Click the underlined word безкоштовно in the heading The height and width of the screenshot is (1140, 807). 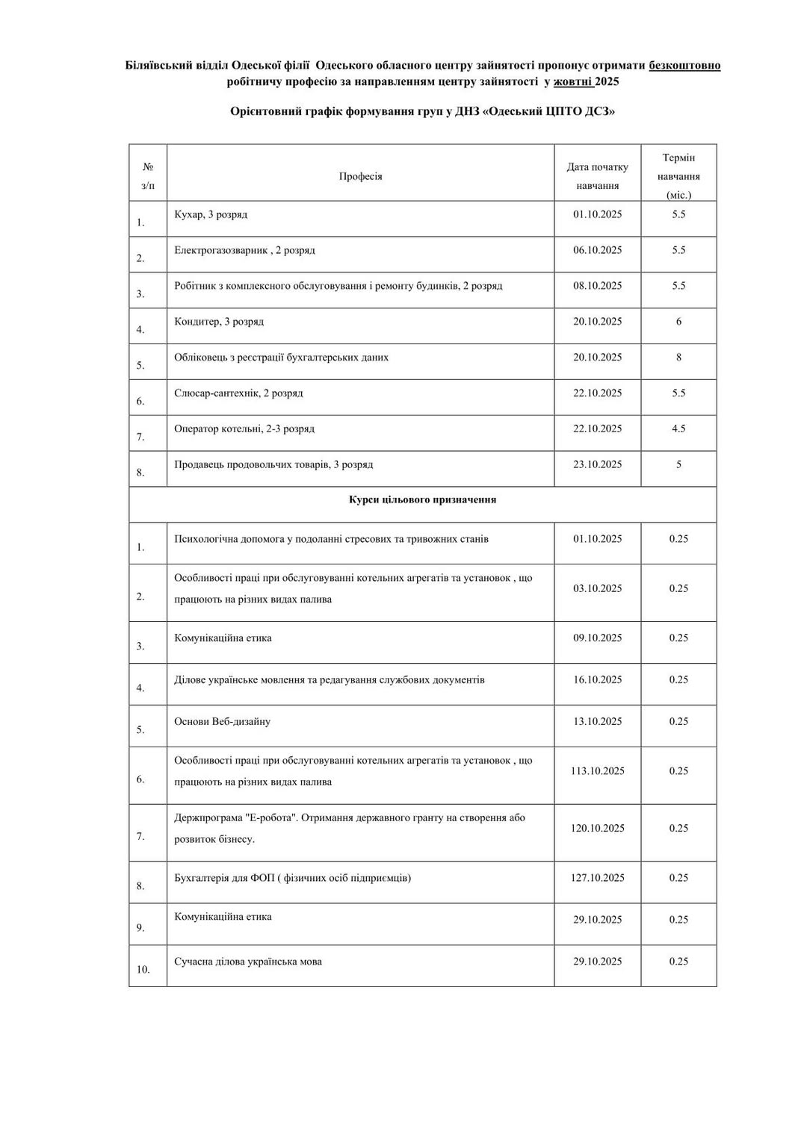pos(684,66)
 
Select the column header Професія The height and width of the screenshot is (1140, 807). pos(360,176)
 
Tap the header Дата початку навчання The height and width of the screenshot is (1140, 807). pos(597,176)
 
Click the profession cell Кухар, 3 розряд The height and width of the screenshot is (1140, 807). pos(211,214)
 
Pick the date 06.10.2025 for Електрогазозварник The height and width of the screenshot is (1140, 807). pos(597,250)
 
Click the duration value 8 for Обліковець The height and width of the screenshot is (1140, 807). pos(678,357)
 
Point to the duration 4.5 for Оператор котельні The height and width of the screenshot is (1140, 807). pos(678,429)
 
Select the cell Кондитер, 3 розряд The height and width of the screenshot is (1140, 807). pos(219,322)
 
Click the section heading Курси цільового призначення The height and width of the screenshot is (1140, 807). pos(422,499)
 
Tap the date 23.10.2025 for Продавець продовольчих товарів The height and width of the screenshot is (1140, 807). pos(597,464)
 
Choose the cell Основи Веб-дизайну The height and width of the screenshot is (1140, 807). pos(222,722)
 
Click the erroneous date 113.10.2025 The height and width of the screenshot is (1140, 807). pos(597,771)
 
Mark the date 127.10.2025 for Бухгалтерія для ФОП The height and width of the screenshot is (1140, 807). pos(597,878)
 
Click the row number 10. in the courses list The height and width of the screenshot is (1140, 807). pos(143,970)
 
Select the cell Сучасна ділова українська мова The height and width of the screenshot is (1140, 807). pos(248,962)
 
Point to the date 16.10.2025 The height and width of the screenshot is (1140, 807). pos(597,680)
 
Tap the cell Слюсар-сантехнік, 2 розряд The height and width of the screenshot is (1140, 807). pos(238,393)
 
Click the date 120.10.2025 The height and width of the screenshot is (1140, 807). pos(597,829)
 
